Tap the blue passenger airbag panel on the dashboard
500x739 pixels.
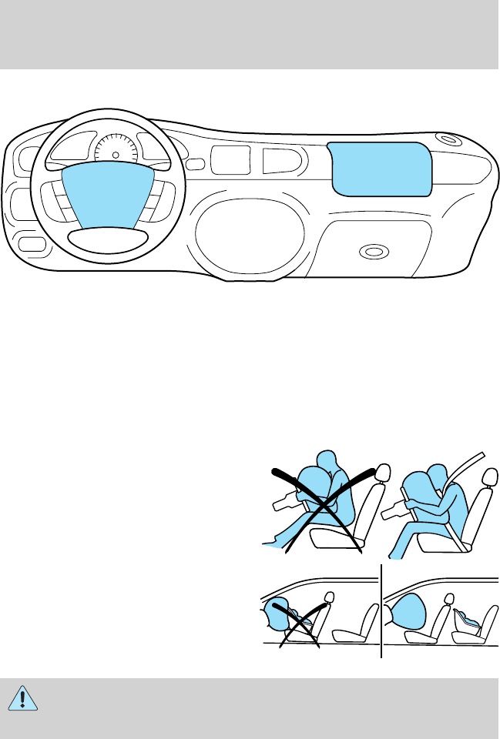378,169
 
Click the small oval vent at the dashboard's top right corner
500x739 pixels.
446,141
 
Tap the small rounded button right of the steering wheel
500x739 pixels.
196,164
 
